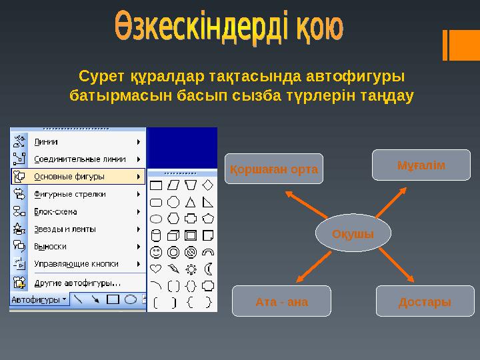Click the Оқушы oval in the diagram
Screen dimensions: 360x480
tap(353, 233)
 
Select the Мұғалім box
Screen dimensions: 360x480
tap(421, 165)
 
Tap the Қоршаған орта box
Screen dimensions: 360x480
tap(273, 169)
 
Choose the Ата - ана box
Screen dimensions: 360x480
tap(281, 301)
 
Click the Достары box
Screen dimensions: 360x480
tap(425, 301)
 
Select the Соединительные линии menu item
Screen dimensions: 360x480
tap(79, 159)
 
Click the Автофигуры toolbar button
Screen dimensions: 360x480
tap(39, 299)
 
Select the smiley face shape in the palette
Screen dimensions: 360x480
tap(156, 253)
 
